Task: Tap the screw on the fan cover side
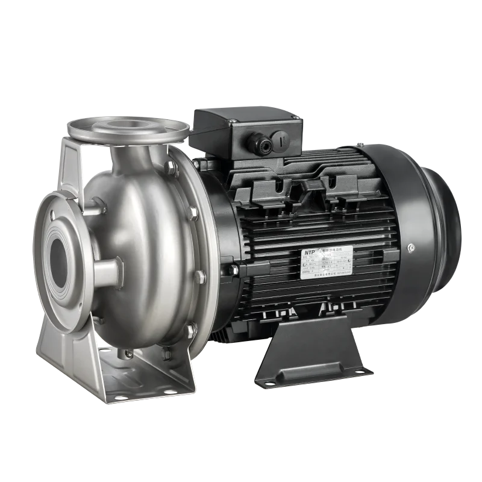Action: point(411,248)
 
